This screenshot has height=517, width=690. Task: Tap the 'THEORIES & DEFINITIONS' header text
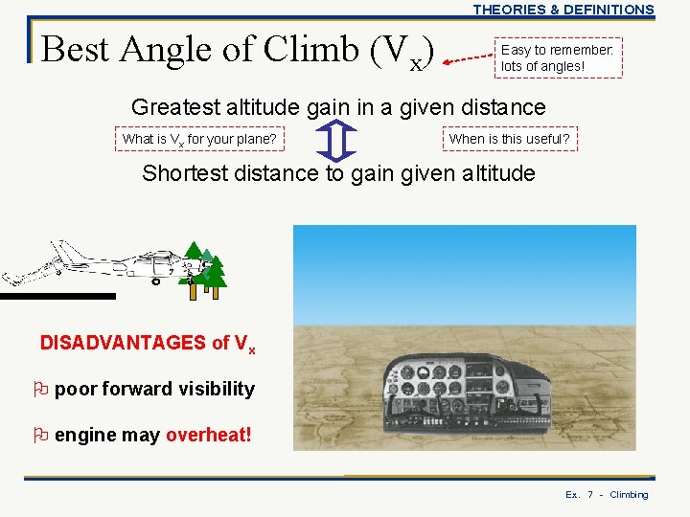pyautogui.click(x=563, y=10)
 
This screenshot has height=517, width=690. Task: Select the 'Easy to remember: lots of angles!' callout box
pyautogui.click(x=558, y=57)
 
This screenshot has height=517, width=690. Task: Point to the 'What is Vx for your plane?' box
pyautogui.click(x=199, y=140)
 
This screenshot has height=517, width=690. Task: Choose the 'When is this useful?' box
pyautogui.click(x=509, y=139)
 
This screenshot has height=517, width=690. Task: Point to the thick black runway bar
pyautogui.click(x=57, y=297)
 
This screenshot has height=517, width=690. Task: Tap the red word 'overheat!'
pyautogui.click(x=209, y=435)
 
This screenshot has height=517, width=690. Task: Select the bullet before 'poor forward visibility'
pyautogui.click(x=40, y=389)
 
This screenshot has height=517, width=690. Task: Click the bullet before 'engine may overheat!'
pyautogui.click(x=40, y=435)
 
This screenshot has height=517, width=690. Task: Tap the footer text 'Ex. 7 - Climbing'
pyautogui.click(x=607, y=495)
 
